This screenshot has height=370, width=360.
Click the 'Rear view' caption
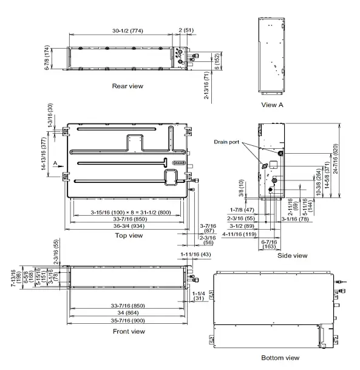[127, 86]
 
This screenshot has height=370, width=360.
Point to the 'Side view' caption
[292, 255]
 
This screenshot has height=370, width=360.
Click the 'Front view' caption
[129, 331]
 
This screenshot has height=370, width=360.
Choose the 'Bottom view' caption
[280, 357]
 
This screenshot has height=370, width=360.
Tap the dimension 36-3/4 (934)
[129, 225]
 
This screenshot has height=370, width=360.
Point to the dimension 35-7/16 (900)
[129, 320]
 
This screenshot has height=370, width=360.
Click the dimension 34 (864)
[129, 313]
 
